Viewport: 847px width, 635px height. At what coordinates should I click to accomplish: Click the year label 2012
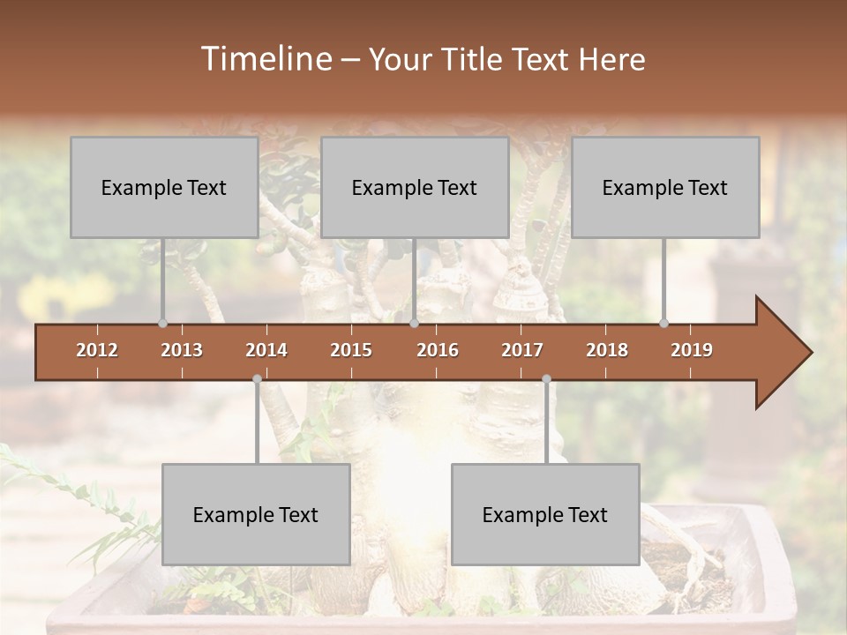point(97,350)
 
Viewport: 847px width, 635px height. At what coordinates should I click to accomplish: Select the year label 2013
point(182,350)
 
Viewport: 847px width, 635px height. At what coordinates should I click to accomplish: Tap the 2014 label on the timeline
point(266,350)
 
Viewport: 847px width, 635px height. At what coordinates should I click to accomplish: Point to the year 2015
point(351,350)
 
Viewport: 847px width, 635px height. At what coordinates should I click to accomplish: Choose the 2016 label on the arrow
point(438,350)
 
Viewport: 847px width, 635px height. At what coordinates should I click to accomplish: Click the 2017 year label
point(522,350)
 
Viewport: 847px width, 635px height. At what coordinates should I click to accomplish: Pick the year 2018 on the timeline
point(607,350)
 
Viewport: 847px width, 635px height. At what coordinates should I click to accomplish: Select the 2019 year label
point(692,350)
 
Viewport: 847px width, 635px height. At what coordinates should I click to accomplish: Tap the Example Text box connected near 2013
point(164,187)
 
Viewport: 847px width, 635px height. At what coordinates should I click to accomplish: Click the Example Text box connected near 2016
point(415,187)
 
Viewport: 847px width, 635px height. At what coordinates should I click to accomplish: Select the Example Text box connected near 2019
point(665,187)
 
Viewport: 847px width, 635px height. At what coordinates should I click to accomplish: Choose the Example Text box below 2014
point(256,514)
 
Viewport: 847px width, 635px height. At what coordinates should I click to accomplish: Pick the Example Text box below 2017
point(545,514)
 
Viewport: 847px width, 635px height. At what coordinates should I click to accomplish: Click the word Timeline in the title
point(265,59)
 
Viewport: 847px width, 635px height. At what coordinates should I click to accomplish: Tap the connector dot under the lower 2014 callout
point(257,378)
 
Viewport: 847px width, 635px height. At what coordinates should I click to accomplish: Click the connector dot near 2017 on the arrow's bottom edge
point(546,378)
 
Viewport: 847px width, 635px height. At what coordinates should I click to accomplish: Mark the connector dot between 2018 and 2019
point(663,323)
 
